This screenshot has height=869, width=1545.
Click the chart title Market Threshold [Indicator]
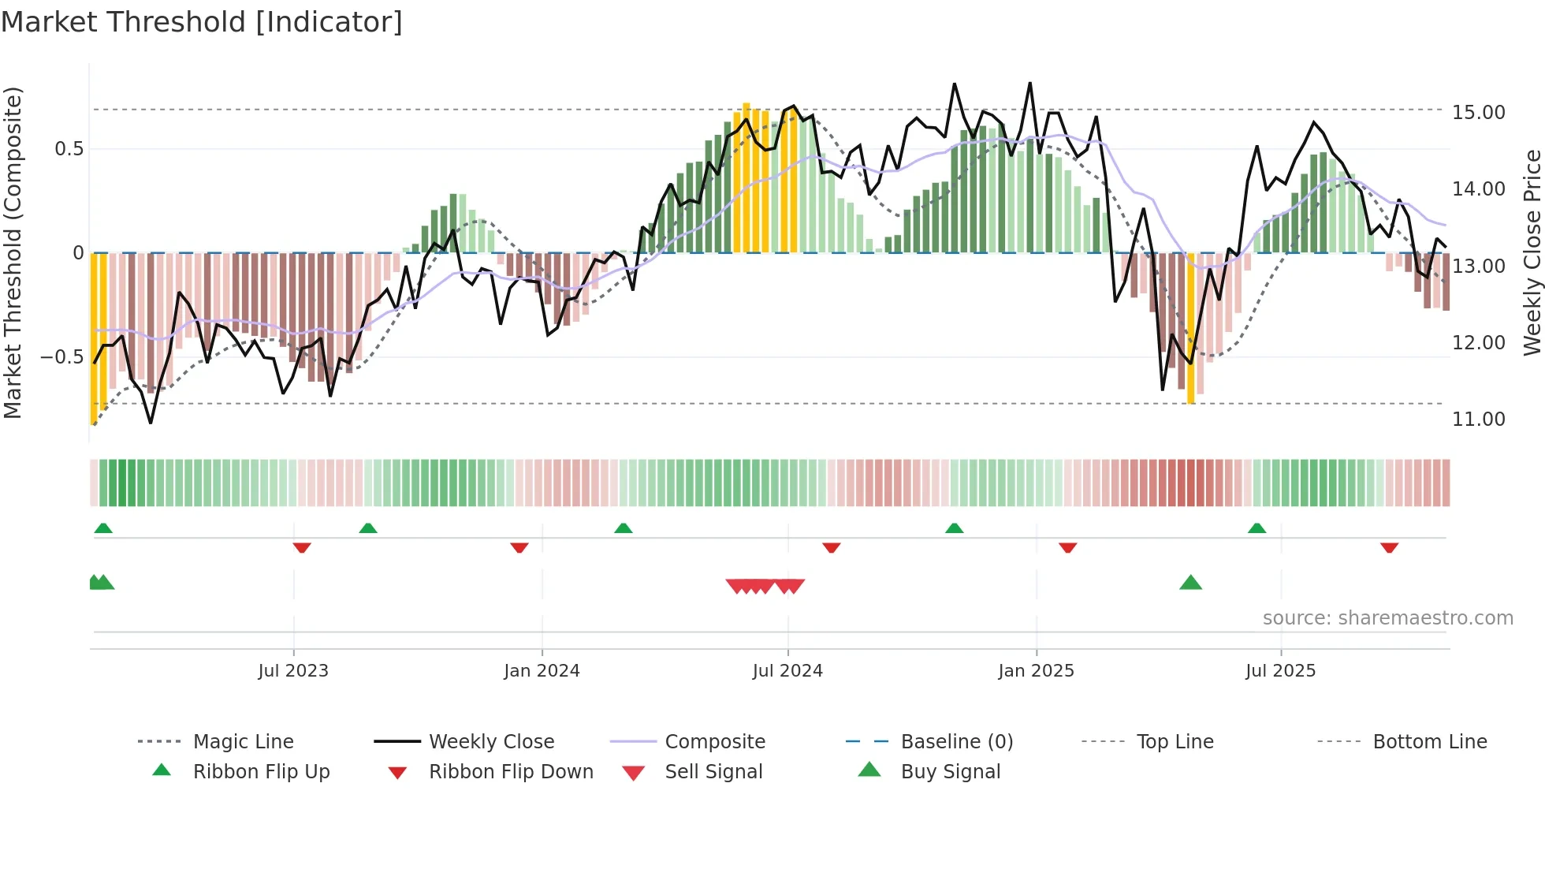(x=202, y=22)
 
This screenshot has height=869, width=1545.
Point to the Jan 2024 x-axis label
(x=542, y=671)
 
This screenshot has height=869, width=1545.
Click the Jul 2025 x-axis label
(x=1280, y=671)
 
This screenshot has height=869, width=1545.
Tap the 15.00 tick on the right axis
(x=1478, y=113)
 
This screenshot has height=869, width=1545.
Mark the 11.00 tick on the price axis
(x=1478, y=420)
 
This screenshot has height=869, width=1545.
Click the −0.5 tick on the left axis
(x=62, y=357)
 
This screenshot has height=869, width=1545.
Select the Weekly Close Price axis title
(x=1532, y=252)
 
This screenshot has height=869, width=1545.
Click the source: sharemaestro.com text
(x=1387, y=618)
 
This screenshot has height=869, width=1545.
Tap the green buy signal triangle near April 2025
(x=1190, y=583)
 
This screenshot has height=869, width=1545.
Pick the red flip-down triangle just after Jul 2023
(x=301, y=547)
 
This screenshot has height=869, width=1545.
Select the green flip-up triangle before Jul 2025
(x=1256, y=528)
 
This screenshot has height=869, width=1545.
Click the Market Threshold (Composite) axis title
(x=13, y=252)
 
